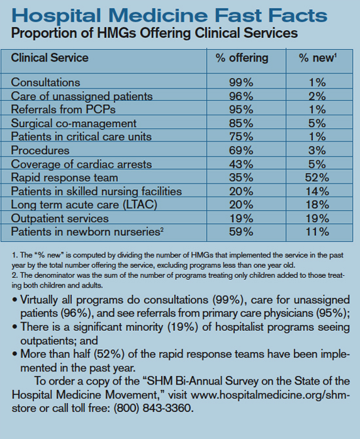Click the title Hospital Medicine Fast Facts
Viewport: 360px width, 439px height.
(170, 15)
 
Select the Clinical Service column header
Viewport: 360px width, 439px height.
(50, 58)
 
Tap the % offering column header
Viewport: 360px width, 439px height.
(242, 58)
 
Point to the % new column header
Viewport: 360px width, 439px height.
(317, 58)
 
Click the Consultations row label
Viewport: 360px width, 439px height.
(46, 83)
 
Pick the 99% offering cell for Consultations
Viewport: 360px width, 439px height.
(241, 83)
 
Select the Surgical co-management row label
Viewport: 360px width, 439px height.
(73, 123)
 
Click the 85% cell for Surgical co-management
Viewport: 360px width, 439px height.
(241, 123)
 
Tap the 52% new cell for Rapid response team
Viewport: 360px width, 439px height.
(317, 178)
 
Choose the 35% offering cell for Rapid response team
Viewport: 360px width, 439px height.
(241, 178)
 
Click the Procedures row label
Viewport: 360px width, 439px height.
(40, 151)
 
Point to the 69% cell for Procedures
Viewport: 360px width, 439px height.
(241, 151)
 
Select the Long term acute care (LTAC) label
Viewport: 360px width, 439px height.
(84, 204)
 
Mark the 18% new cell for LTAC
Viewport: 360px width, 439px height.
(317, 204)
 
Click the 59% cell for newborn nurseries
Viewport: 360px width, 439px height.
(241, 232)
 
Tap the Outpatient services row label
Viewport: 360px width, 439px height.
(60, 218)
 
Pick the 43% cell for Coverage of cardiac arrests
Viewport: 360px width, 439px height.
(241, 164)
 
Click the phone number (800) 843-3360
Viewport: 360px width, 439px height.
(154, 408)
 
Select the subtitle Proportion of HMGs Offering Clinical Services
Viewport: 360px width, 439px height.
(154, 33)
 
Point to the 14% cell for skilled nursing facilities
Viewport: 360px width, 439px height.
(317, 191)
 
